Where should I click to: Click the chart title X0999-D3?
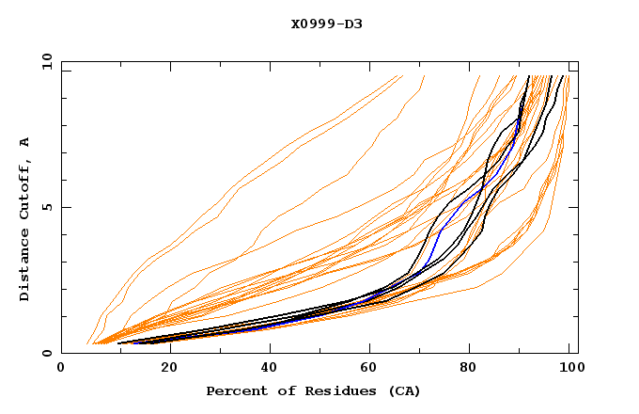(x=326, y=24)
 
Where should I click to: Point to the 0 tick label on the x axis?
(x=61, y=369)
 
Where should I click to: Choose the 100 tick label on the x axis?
(x=569, y=369)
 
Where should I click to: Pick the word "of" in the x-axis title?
(x=279, y=390)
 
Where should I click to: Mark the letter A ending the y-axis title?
(x=24, y=141)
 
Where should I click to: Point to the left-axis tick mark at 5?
(x=65, y=207)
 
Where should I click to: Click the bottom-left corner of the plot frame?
(x=61, y=353)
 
